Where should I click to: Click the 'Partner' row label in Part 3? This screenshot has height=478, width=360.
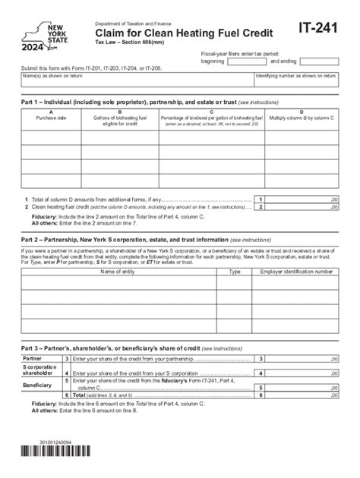coord(33,358)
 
